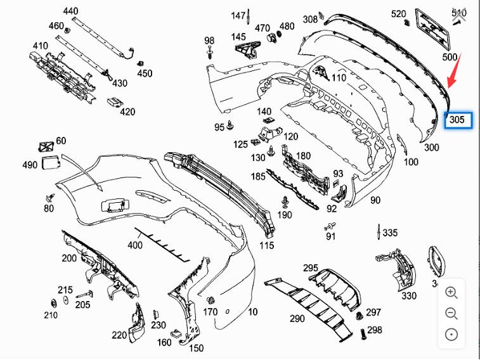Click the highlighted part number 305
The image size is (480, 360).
457,119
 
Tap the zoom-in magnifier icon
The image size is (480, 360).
451,292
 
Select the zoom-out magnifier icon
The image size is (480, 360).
451,313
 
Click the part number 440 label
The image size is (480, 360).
71,11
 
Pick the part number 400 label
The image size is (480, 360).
134,245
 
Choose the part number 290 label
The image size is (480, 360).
297,319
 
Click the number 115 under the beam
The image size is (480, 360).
266,246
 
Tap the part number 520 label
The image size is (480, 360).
398,14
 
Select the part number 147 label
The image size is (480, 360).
238,15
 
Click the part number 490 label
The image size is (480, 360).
30,165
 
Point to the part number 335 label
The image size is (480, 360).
390,233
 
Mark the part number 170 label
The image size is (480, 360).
211,312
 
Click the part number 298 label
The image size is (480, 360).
375,330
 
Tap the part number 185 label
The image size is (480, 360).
258,176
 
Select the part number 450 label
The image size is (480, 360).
145,74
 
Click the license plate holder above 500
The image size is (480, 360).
433,29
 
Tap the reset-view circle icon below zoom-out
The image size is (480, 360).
451,335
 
